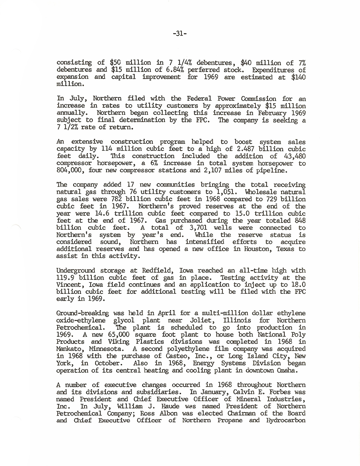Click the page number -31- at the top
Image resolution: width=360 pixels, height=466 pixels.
coord(180,33)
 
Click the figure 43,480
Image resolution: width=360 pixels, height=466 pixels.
coord(294,156)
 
